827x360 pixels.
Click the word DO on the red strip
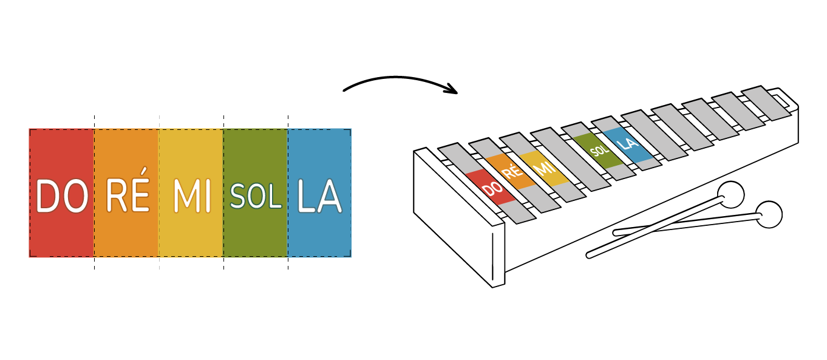tap(61, 195)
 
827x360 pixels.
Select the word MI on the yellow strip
tap(192, 195)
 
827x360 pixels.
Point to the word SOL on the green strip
tap(256, 195)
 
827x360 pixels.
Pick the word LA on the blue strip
tap(319, 195)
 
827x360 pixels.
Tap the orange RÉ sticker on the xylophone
tap(508, 172)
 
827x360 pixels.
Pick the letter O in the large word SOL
tap(256, 196)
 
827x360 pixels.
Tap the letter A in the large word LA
tap(329, 196)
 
